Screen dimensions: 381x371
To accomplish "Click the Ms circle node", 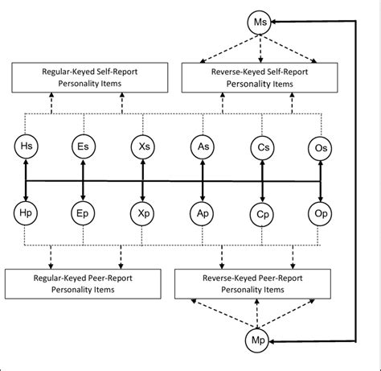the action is click(260, 22).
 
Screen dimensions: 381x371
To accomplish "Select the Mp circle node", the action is click(257, 340).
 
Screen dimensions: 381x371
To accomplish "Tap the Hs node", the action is click(26, 146).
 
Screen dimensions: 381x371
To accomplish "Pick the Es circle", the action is click(84, 146).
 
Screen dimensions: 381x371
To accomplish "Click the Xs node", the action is click(143, 147).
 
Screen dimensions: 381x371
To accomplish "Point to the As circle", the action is click(203, 147).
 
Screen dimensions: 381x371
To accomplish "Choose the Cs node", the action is click(262, 148).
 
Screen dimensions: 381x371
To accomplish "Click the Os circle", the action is click(320, 148).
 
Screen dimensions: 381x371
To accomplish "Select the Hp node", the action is click(26, 213).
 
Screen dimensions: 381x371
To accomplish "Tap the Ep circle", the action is click(83, 213).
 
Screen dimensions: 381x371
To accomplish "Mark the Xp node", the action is click(142, 214).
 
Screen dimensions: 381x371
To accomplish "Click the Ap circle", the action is click(202, 214).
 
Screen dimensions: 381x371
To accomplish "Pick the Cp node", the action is click(262, 215).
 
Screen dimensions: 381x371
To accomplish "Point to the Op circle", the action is click(320, 214).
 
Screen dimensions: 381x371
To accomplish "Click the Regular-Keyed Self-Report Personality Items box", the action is click(90, 78).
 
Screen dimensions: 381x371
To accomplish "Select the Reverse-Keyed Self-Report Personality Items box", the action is click(260, 78).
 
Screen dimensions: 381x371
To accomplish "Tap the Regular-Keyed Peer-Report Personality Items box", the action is click(83, 284).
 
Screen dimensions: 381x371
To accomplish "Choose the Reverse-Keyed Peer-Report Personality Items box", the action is click(252, 284).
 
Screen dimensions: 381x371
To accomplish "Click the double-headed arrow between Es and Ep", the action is click(83, 180).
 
